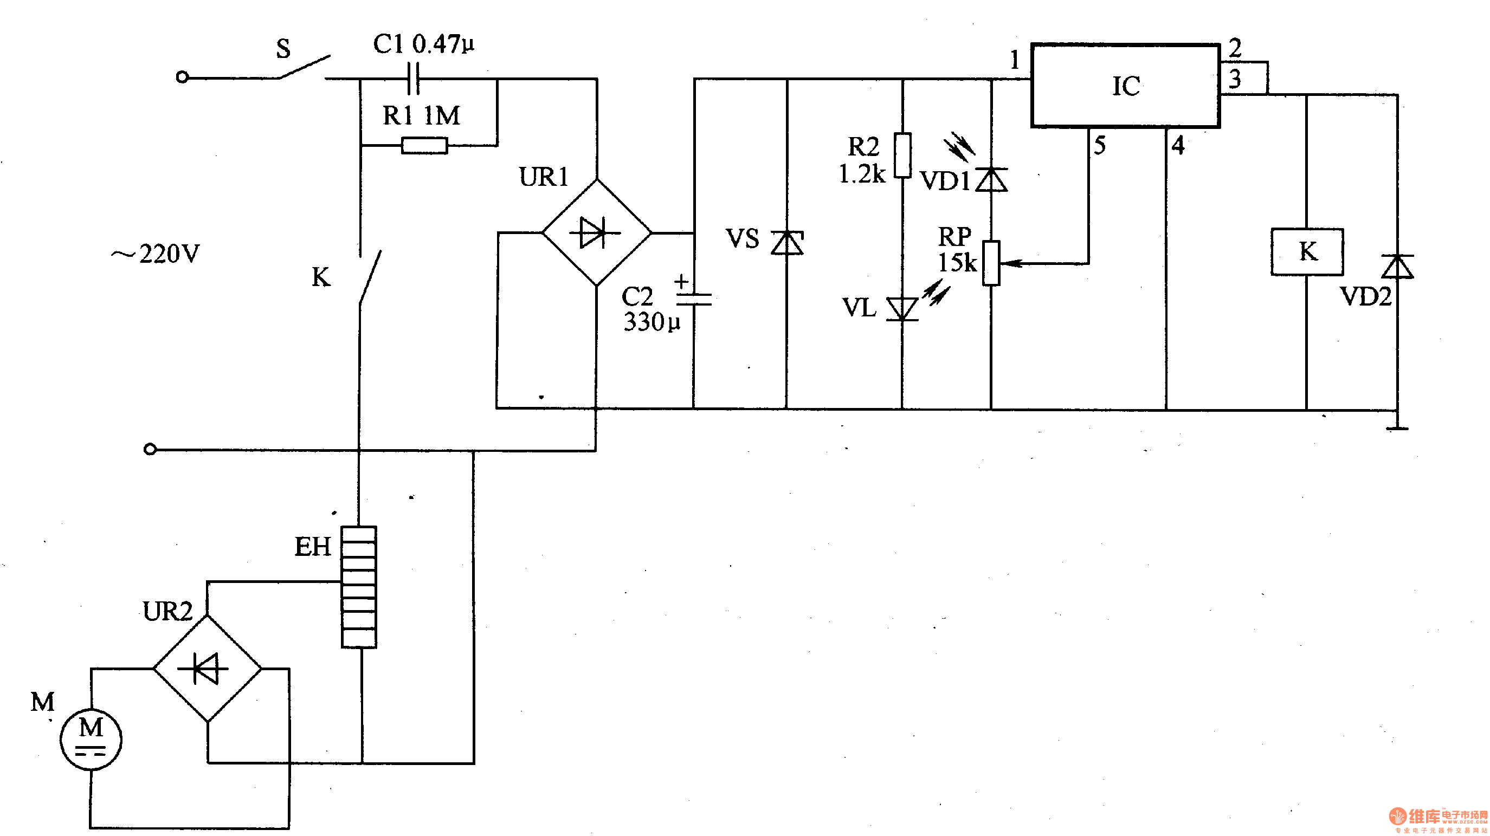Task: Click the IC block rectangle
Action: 1125,86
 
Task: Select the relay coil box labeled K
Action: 1307,252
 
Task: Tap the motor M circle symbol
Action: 91,740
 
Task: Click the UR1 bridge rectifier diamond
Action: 596,232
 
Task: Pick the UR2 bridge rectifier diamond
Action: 207,669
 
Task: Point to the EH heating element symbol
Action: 359,587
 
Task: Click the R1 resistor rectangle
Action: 424,145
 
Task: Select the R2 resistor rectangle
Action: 902,155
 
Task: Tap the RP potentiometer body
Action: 991,263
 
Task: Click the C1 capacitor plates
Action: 413,78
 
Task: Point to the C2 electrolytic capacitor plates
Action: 694,299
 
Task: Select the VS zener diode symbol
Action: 786,242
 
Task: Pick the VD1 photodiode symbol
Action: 991,179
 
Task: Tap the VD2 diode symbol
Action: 1397,267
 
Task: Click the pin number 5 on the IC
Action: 1100,145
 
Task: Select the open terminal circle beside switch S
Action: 182,77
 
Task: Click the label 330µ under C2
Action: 652,322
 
